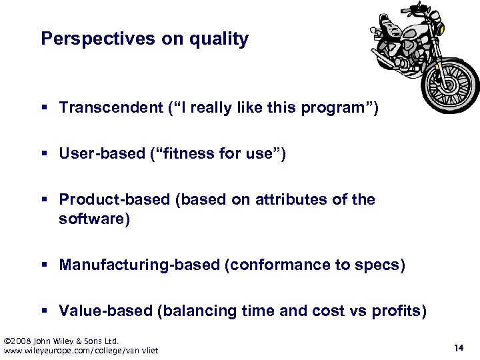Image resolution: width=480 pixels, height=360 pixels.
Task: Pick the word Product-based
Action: pos(114,200)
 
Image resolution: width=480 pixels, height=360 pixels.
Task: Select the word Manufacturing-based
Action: pos(139,265)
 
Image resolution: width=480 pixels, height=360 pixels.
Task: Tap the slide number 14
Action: pos(458,347)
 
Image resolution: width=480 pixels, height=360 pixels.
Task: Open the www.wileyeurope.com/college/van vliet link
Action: pos(81,351)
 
